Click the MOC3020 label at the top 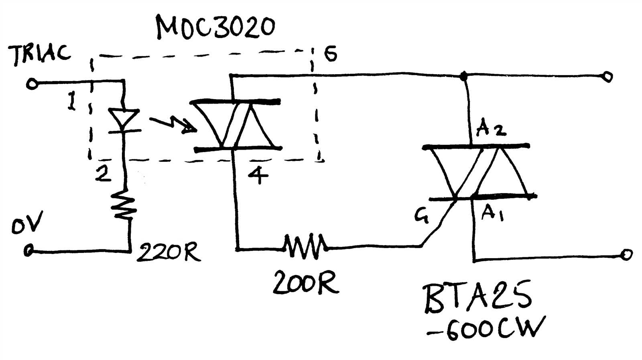point(215,27)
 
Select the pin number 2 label point(104,173)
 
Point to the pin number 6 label point(330,54)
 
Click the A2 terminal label point(491,129)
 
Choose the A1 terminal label point(492,213)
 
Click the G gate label point(422,216)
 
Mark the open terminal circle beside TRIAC point(31,84)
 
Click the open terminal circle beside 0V point(28,251)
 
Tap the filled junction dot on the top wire point(464,75)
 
